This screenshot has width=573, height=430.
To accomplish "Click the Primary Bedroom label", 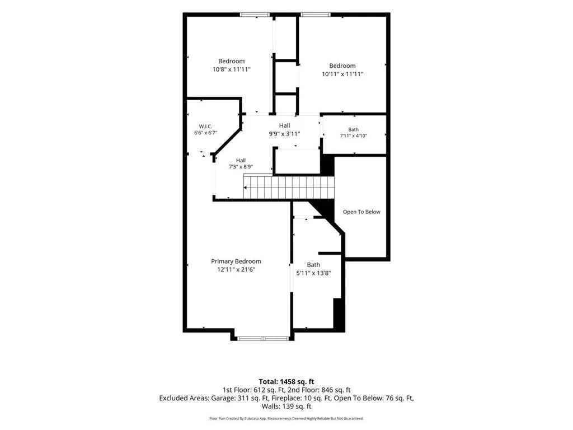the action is pos(236,261).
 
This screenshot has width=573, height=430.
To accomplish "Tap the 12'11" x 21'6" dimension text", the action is pos(236,270).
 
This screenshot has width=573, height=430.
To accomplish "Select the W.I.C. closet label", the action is pos(206,127).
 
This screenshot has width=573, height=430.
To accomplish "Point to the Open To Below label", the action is pos(361,212).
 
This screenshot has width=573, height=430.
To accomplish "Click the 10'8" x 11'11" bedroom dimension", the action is pos(231,69).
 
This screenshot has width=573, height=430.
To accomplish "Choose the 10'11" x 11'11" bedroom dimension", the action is pos(342,74).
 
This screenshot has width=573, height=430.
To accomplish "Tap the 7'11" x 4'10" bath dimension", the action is pos(354,135).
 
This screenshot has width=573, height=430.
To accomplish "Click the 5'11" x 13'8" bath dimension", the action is pos(313,273).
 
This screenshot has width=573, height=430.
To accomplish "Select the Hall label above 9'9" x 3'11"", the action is pos(285,125).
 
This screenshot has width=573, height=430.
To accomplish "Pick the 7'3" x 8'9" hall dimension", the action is pos(241,167).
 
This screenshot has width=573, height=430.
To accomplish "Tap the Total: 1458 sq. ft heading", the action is pos(286,382).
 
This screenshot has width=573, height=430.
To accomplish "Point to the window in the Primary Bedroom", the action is pos(263,339).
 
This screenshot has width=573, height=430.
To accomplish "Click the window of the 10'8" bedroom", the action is pos(255,15).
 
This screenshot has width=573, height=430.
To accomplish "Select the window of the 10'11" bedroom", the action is pos(316,15).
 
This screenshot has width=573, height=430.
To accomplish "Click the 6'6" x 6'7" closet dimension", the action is pos(206,133).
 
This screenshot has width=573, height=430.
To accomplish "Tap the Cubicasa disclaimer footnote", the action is pos(286,418).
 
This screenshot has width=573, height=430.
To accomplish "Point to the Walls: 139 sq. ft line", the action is pos(286,406).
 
